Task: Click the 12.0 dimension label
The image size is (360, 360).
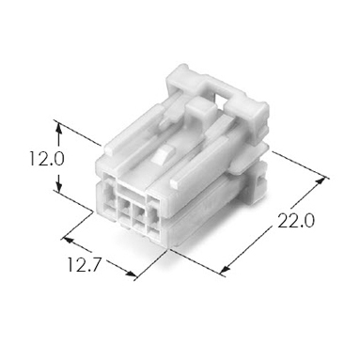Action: (x=47, y=159)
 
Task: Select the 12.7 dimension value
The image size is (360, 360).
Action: (x=84, y=266)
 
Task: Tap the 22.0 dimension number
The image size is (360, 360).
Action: (x=295, y=222)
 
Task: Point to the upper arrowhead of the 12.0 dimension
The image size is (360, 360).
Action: (x=59, y=129)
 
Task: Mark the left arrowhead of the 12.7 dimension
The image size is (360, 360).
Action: (x=70, y=241)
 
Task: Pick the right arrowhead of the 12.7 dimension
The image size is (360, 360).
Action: (x=131, y=274)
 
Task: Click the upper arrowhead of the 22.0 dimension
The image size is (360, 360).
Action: (x=321, y=182)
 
